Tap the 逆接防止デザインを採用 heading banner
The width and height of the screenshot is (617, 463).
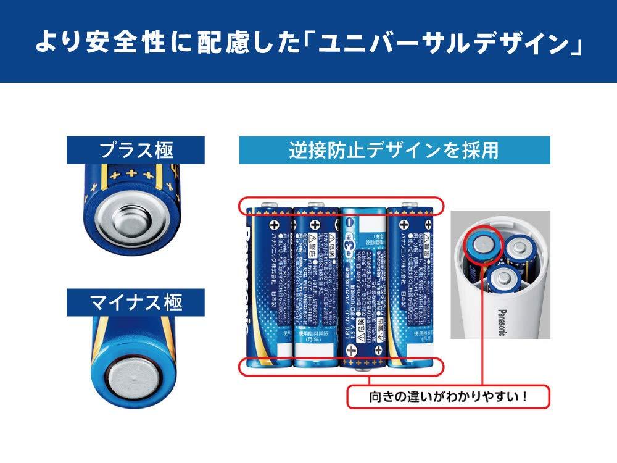click(394, 150)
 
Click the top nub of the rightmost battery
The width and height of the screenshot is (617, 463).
click(408, 204)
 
